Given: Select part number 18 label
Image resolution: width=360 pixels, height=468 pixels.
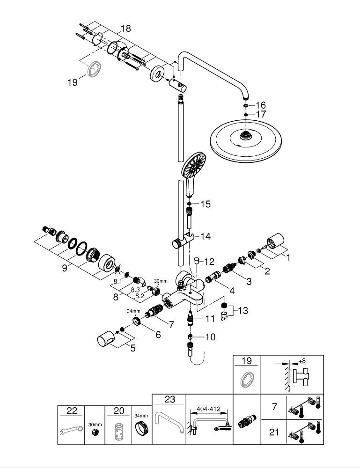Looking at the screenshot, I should (125, 29).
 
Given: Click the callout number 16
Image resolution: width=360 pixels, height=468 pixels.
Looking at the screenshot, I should (261, 105).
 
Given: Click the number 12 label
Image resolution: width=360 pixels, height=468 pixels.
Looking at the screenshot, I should (209, 261).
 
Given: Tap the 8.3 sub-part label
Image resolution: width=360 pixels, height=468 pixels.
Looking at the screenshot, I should (135, 290).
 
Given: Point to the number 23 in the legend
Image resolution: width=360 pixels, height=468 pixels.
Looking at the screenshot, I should (169, 399).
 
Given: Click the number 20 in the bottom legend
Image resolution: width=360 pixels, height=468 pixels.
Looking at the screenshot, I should (119, 411).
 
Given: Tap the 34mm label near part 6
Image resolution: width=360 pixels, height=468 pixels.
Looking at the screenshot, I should (133, 311).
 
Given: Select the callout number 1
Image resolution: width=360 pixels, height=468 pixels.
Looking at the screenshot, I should (288, 256).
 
